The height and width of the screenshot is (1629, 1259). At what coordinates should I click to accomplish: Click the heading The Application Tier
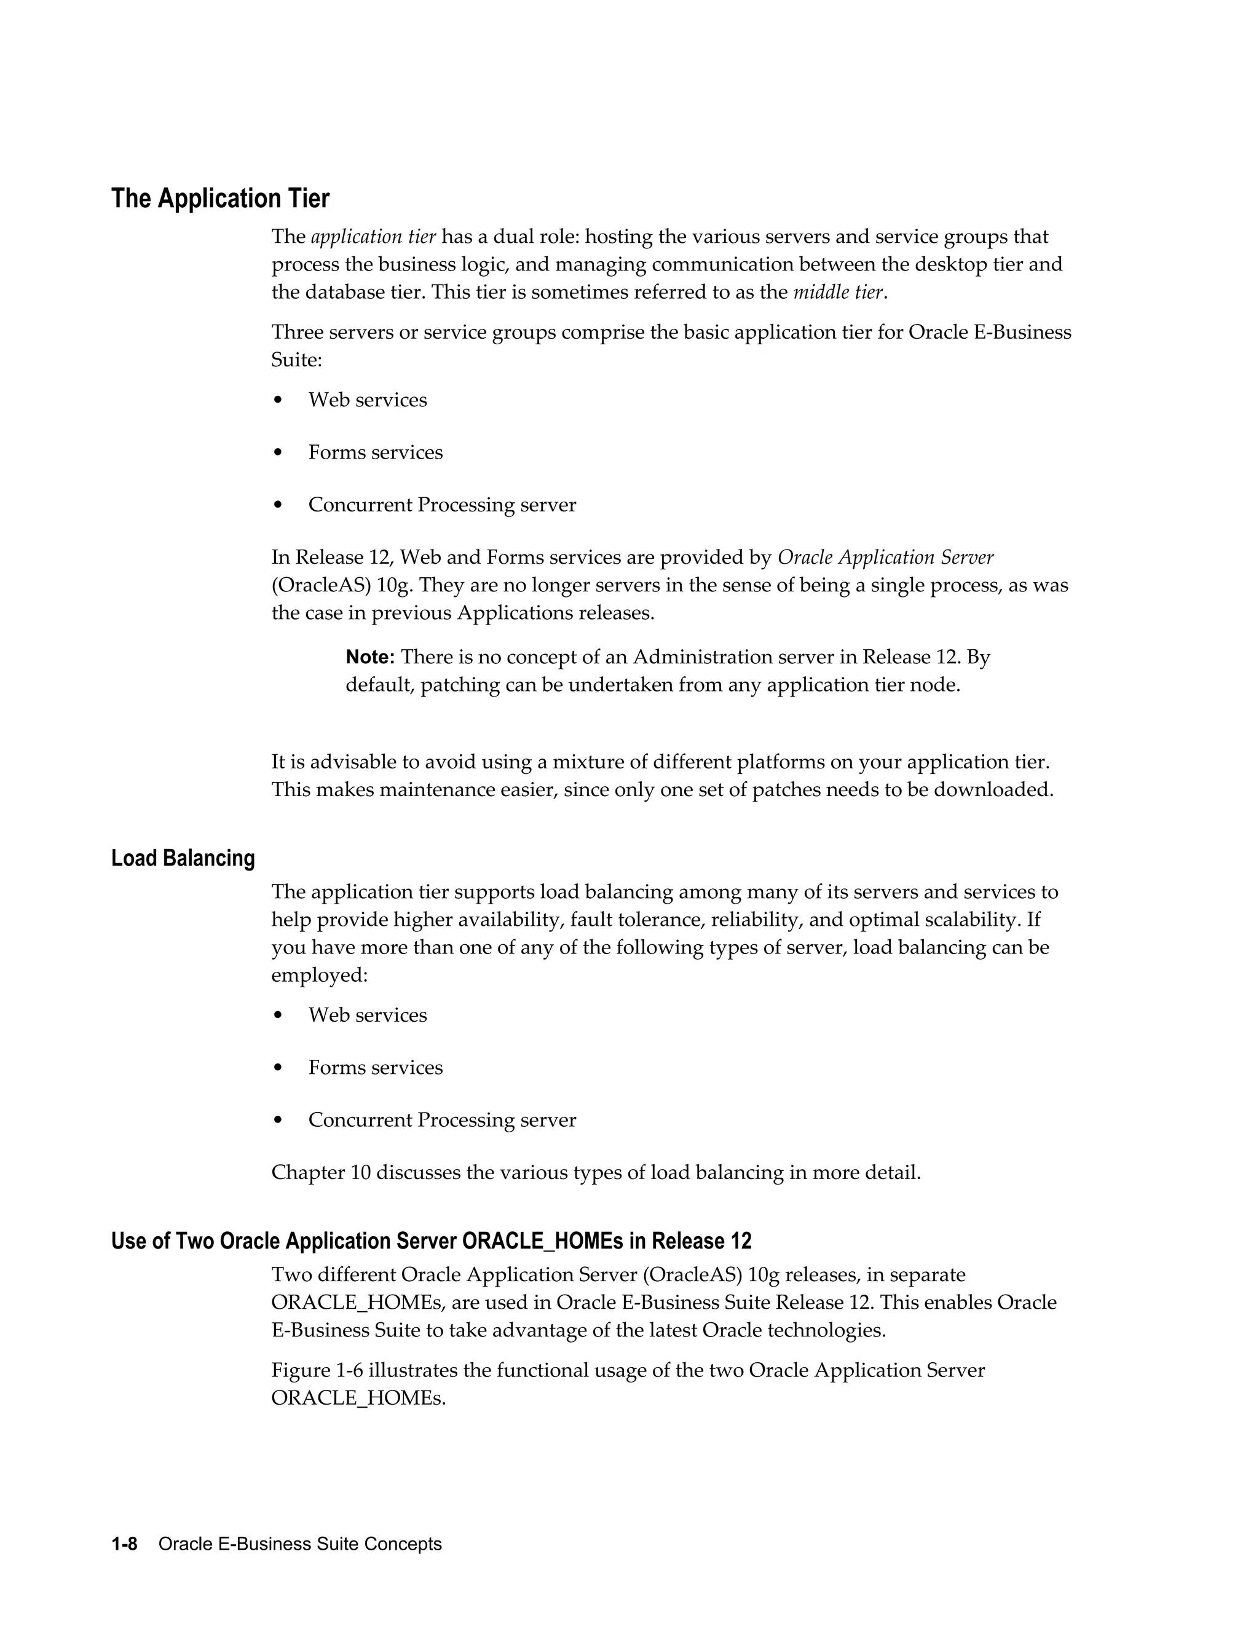point(220,199)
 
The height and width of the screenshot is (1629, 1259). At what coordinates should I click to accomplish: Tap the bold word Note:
point(370,657)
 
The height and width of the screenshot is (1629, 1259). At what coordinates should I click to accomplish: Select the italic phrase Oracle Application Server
point(885,557)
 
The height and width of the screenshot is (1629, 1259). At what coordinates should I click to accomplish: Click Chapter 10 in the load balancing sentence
point(321,1172)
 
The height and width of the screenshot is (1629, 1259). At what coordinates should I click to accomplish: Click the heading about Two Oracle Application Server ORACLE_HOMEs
point(431,1241)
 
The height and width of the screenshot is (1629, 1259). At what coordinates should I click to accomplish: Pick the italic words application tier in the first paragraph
point(373,237)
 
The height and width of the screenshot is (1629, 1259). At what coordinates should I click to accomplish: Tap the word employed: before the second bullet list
point(319,975)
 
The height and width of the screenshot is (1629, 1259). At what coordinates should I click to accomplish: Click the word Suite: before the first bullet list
point(296,360)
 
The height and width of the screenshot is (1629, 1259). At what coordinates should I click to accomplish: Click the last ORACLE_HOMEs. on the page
point(358,1398)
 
